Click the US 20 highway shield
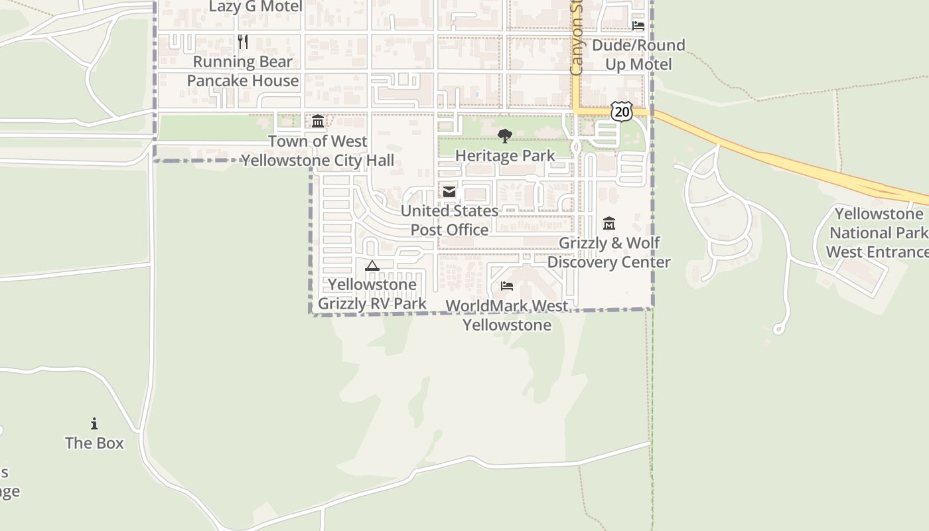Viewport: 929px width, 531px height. (x=622, y=112)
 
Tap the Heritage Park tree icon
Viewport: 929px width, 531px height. (x=505, y=137)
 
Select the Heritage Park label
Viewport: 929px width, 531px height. (x=505, y=156)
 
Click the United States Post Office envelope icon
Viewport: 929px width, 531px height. (x=449, y=192)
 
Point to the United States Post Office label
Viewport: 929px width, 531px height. (x=449, y=220)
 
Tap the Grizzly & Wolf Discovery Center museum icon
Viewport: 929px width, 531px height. (x=609, y=224)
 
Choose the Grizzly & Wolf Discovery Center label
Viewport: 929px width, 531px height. (x=609, y=252)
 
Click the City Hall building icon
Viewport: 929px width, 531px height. (x=318, y=121)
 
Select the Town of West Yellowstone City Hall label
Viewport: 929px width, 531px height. (x=318, y=151)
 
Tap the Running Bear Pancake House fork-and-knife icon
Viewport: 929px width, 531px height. (x=243, y=42)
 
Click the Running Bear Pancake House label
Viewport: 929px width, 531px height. (x=243, y=71)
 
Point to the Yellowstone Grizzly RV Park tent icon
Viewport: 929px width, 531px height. (x=372, y=265)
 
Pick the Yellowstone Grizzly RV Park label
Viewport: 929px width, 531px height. (x=372, y=294)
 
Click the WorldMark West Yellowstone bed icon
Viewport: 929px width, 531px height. (x=507, y=286)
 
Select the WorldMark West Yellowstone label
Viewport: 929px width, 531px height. (x=507, y=315)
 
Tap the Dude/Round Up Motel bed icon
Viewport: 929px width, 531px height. (x=638, y=26)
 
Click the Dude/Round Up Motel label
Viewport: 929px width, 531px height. (x=638, y=54)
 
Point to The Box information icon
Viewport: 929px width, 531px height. (x=94, y=423)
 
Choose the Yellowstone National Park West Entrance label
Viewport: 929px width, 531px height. (x=878, y=233)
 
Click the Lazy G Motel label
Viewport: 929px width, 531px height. (x=255, y=7)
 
